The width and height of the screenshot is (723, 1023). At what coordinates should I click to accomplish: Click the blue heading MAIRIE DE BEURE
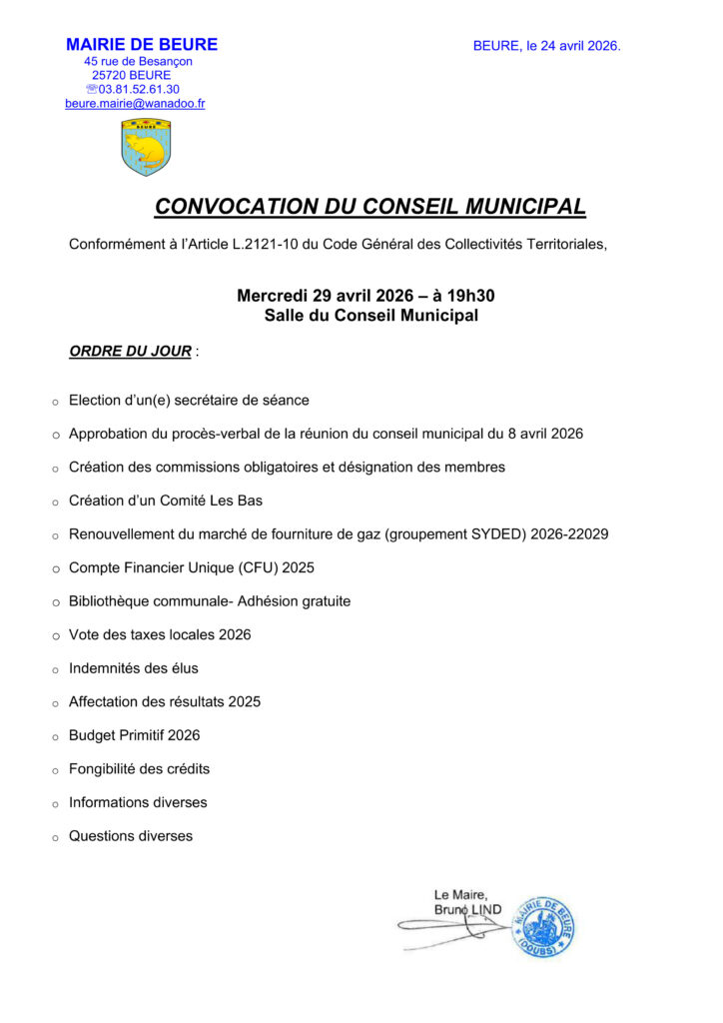[x=142, y=45]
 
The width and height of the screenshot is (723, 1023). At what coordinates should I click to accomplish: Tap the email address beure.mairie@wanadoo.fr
[x=135, y=104]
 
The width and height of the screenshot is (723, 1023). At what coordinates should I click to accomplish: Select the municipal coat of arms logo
[x=146, y=147]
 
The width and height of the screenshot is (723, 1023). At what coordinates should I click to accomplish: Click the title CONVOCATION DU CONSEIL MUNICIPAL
[x=369, y=207]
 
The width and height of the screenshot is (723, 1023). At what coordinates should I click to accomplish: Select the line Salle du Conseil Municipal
[x=370, y=316]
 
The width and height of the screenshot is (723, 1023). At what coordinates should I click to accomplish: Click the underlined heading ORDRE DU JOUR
[x=130, y=352]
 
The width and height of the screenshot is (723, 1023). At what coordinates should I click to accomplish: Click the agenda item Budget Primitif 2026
[x=134, y=735]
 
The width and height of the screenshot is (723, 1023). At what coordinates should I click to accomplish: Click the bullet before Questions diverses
[x=56, y=838]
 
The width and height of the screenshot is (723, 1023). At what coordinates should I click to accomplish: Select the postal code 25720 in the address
[x=109, y=75]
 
